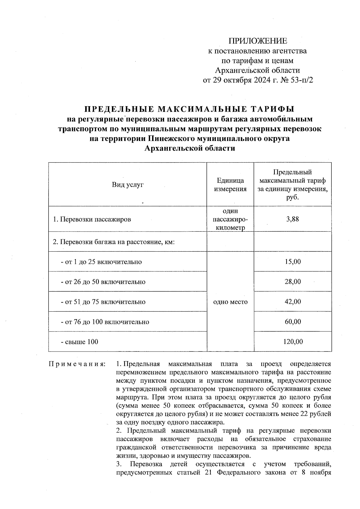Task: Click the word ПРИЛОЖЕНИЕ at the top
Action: coord(258,41)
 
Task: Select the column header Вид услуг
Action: coord(128,184)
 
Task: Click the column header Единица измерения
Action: coord(230,184)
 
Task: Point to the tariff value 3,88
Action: coord(292,219)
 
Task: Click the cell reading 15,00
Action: coord(293,262)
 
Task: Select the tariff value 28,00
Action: coord(293,282)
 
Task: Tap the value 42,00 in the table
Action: coord(293,302)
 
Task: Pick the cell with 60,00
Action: coord(293,322)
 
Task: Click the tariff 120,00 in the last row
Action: coord(293,342)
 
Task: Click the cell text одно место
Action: coord(230,302)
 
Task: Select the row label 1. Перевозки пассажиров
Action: coord(92,219)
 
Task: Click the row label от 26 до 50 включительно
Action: coord(103,282)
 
